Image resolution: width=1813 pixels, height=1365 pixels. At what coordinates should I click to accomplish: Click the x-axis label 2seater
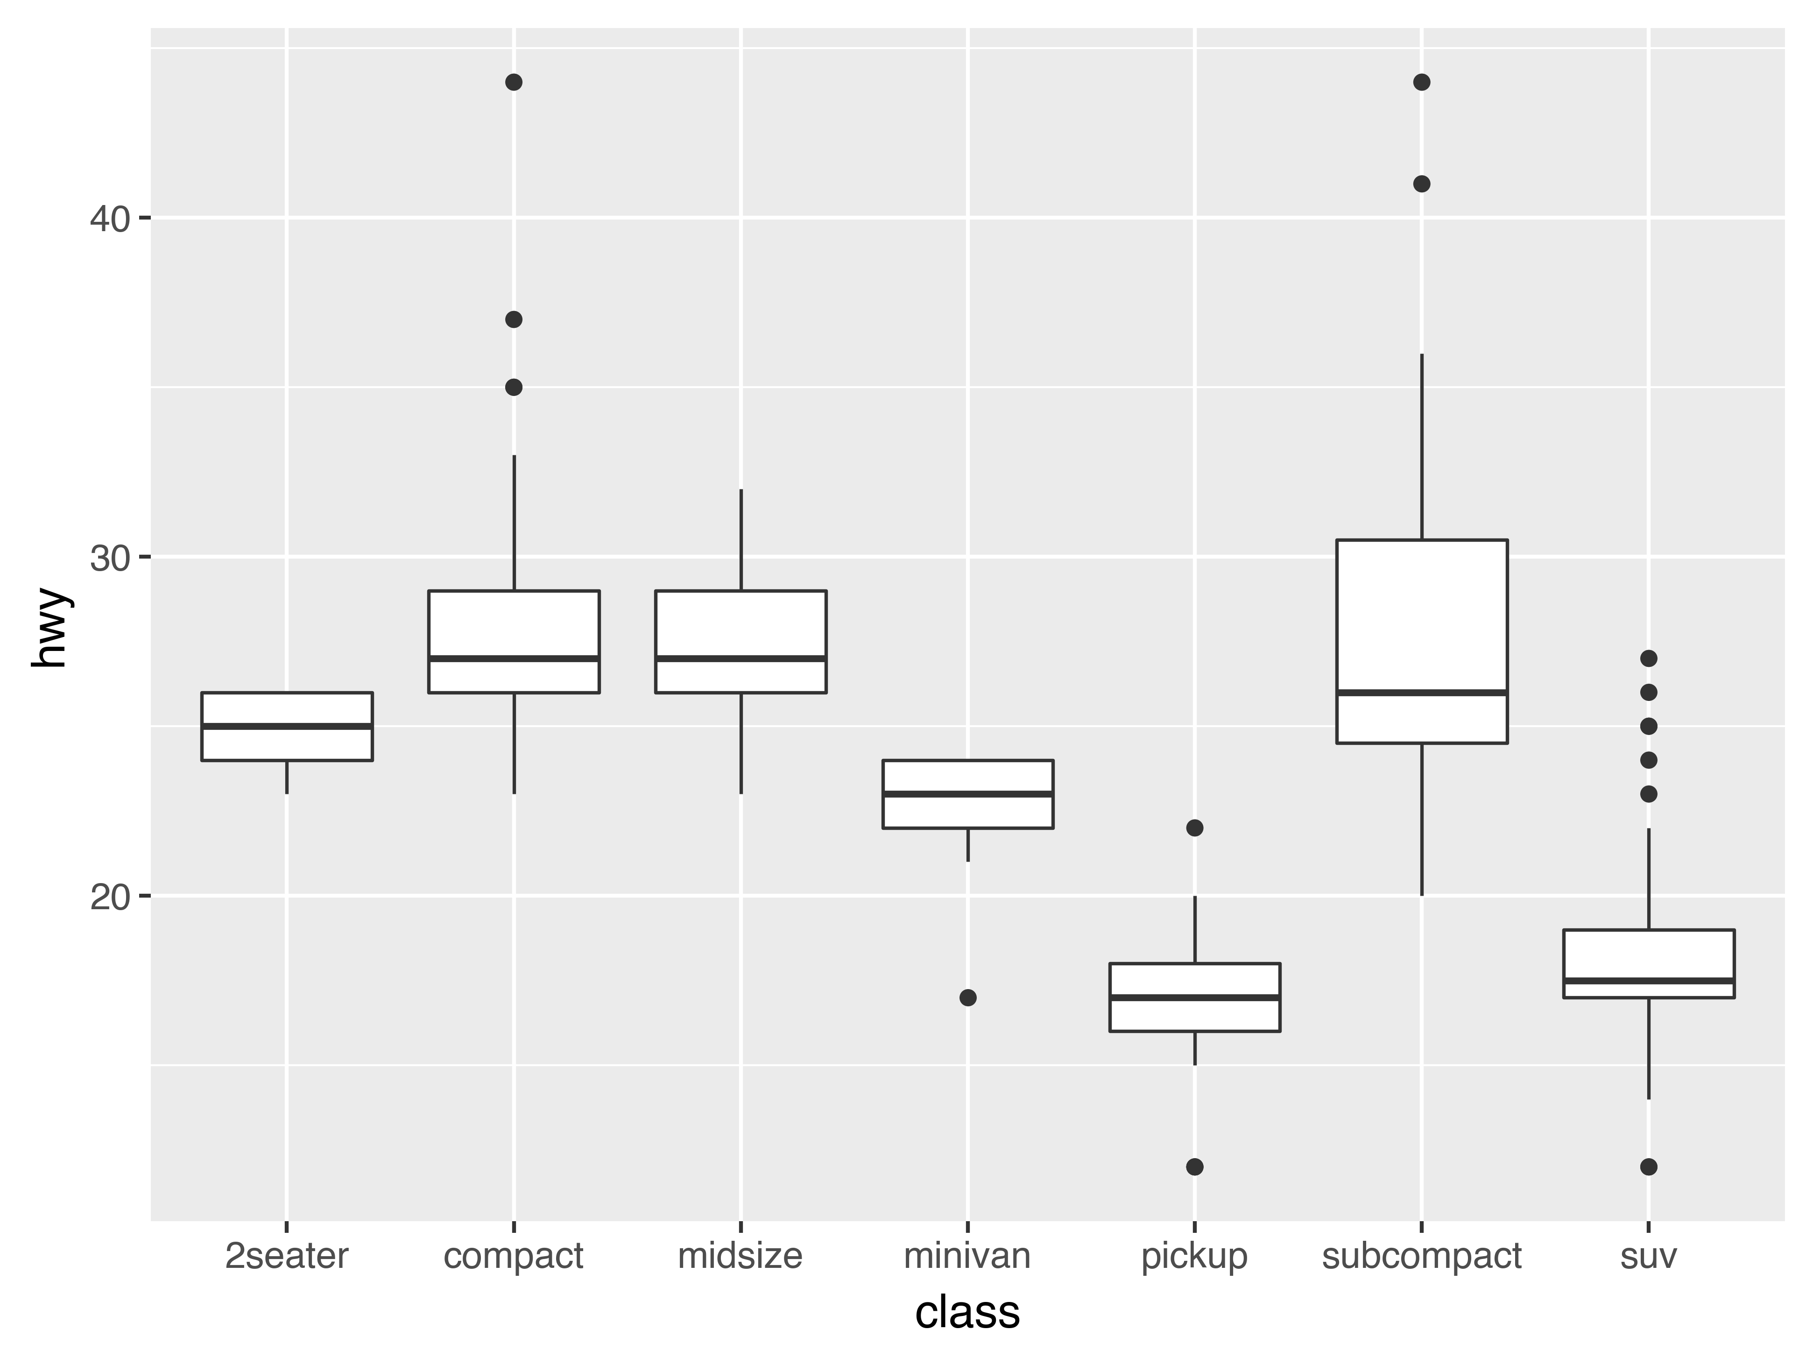click(286, 1256)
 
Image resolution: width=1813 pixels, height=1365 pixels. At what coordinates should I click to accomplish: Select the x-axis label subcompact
click(1421, 1256)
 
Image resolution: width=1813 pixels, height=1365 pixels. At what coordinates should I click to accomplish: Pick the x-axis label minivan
click(967, 1256)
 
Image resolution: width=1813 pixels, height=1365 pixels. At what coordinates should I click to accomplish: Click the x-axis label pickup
click(1194, 1256)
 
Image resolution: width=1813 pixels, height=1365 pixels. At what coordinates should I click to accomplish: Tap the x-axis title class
click(967, 1313)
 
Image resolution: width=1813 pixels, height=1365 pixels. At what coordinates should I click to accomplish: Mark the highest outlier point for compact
click(514, 82)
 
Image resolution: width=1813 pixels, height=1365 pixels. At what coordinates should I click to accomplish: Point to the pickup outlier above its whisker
click(1195, 828)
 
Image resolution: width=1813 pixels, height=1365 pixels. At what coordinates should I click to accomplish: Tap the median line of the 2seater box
click(287, 726)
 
